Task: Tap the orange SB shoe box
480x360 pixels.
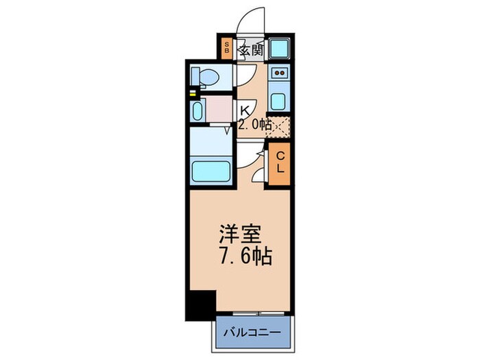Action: coord(227,49)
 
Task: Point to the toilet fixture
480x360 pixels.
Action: coord(205,76)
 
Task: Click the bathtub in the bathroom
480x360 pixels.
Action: coord(212,169)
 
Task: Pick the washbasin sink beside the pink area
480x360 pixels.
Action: coord(199,110)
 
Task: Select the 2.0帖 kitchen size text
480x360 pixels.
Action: coord(254,125)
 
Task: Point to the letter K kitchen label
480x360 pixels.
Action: coord(244,108)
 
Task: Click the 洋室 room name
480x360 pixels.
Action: coord(239,235)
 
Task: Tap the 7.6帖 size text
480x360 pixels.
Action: coord(245,258)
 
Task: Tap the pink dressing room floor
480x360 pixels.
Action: coord(219,110)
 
